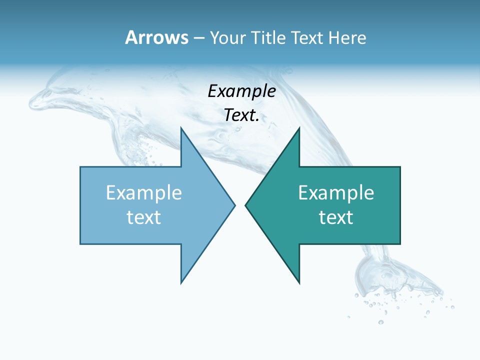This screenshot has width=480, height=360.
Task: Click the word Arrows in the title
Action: [156, 37]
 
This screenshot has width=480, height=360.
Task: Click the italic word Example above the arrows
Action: [242, 91]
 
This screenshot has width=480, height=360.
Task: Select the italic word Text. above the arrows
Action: [242, 115]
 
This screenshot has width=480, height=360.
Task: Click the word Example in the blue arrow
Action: [144, 192]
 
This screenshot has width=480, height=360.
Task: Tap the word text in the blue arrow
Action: [144, 217]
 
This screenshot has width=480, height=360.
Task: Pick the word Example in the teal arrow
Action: [336, 192]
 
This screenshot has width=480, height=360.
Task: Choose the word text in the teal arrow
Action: [336, 217]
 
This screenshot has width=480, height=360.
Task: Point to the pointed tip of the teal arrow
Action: [246, 205]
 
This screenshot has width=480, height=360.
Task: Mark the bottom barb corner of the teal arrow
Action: [299, 282]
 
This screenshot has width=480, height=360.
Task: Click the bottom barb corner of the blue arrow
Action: [181, 282]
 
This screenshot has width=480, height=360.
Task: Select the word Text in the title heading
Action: [308, 37]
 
